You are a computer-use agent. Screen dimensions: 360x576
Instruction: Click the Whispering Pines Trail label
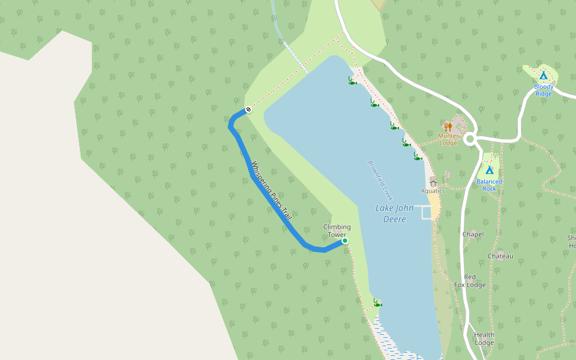(x=271, y=190)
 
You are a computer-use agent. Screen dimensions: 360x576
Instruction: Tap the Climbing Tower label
(x=337, y=230)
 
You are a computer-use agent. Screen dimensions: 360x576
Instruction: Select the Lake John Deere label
(x=391, y=214)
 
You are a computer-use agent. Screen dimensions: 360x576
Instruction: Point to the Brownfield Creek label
(x=379, y=180)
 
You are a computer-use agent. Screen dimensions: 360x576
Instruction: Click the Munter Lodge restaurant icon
(x=448, y=127)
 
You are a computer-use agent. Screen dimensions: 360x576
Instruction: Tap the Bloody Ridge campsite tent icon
(x=544, y=76)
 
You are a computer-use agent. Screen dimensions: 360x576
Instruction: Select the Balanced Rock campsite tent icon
(x=490, y=170)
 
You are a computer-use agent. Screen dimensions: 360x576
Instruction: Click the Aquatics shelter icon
(x=433, y=181)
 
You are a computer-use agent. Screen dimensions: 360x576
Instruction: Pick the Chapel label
(x=473, y=234)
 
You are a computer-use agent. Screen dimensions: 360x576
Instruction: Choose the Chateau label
(x=500, y=256)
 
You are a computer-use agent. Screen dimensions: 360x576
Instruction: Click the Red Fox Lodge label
(x=470, y=281)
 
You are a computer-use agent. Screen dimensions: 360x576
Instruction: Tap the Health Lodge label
(x=484, y=339)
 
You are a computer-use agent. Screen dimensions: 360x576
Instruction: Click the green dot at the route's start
(x=345, y=241)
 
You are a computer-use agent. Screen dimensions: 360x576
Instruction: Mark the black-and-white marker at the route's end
(x=248, y=110)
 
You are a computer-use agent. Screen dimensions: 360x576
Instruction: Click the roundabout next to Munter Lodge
(x=470, y=139)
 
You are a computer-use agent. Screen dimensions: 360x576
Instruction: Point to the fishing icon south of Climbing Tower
(x=377, y=303)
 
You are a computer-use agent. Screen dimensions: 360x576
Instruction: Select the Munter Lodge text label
(x=448, y=139)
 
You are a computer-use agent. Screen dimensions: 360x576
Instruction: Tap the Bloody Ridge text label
(x=544, y=90)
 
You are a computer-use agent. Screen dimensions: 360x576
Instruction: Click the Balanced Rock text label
(x=490, y=185)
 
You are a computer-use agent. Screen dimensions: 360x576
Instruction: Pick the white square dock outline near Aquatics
(x=426, y=212)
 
